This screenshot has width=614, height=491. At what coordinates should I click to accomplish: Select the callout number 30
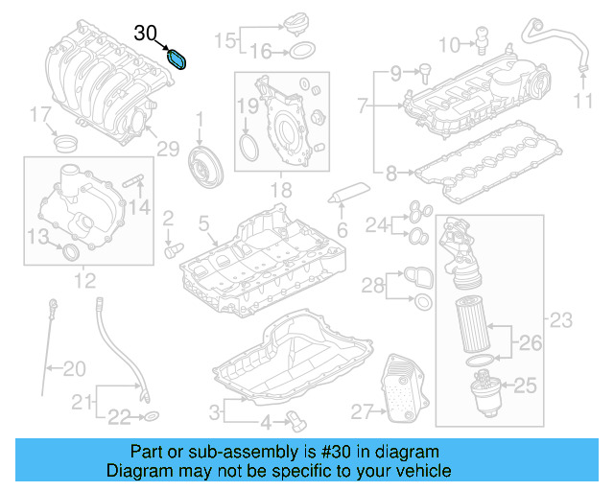pos(146,34)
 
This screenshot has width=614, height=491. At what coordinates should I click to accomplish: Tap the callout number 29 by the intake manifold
pos(168,148)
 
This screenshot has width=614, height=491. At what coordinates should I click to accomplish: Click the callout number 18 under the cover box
pos(279,191)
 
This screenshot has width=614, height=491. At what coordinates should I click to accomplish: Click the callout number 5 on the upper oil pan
pos(203,224)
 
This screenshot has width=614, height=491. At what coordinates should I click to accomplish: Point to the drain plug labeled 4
pos(296,419)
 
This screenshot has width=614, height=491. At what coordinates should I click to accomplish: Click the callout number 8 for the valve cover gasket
pos(391,174)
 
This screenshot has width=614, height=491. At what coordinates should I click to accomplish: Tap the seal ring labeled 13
pos(69,252)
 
